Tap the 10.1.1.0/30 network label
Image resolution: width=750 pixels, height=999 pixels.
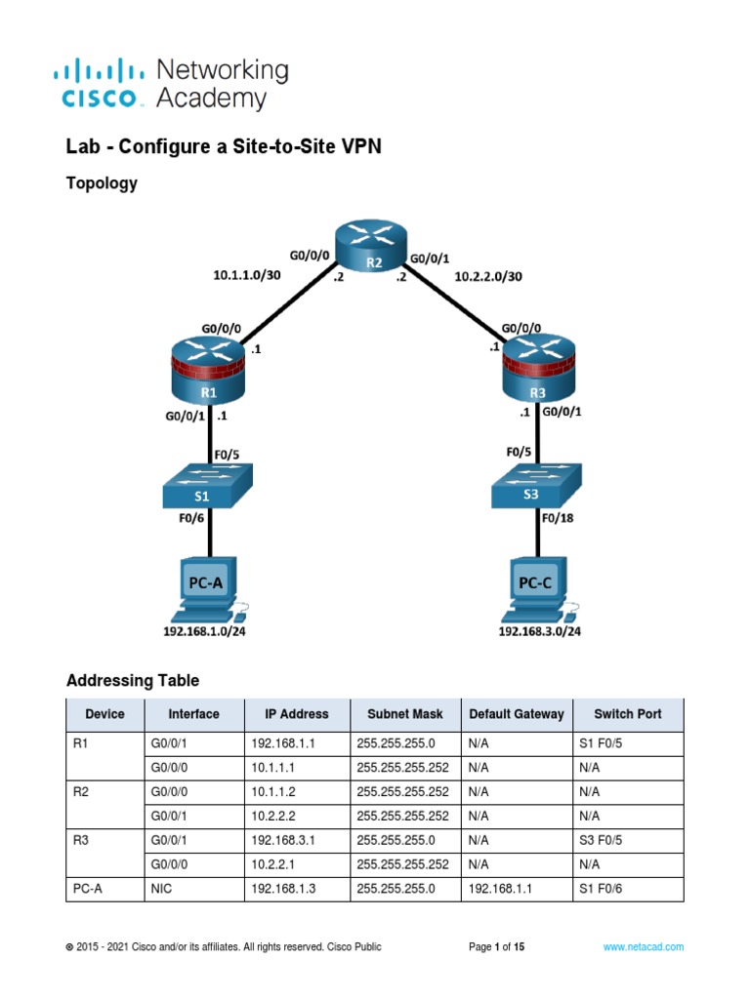(x=247, y=275)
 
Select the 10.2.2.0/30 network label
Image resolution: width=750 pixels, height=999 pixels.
(x=488, y=276)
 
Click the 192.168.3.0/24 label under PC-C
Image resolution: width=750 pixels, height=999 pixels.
(x=540, y=631)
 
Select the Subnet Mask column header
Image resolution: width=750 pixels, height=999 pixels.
(x=404, y=714)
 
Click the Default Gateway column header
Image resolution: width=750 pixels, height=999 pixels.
(x=516, y=714)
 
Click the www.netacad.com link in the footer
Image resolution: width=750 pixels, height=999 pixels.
(x=643, y=946)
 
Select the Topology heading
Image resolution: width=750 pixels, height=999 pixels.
(x=101, y=182)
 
